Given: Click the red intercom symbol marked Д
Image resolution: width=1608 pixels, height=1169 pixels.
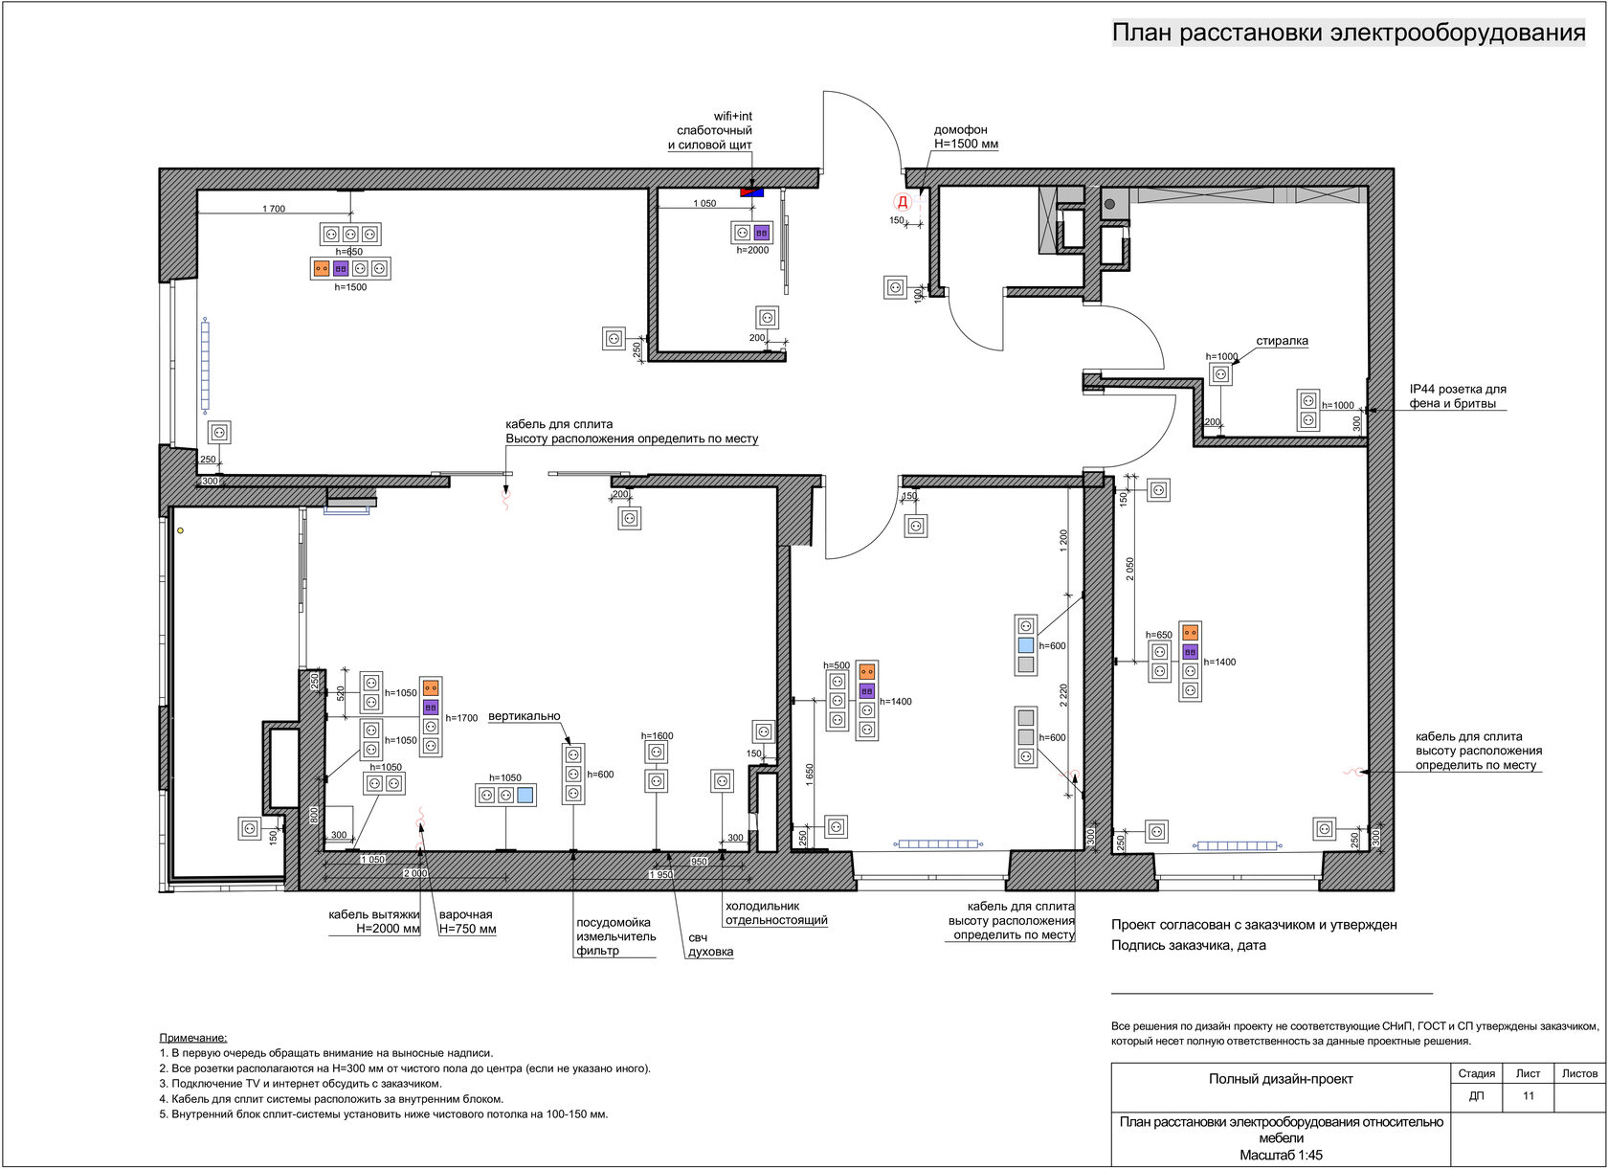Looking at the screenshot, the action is pos(903,203).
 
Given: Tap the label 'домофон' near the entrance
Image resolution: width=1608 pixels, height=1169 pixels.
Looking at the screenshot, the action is pos(961,130).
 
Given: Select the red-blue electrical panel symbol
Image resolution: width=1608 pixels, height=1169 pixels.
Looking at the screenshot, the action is pos(751,192).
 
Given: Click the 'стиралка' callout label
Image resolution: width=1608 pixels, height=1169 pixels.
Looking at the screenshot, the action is pos(1283,341).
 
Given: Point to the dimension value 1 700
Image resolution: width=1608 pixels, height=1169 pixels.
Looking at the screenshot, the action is pos(274,209).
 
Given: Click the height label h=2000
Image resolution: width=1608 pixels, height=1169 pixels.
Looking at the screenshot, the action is pos(752,250).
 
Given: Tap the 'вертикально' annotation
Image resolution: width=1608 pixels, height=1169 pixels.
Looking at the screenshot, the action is pos(525,716).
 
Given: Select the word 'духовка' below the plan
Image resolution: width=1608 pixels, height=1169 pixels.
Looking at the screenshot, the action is pos(710,952).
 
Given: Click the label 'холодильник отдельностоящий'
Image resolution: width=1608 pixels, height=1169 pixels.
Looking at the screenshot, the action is pos(776,913).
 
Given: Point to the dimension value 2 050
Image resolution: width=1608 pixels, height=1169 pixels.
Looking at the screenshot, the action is pos(1129,570).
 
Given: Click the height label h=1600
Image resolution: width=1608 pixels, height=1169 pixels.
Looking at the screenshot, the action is pos(657,736).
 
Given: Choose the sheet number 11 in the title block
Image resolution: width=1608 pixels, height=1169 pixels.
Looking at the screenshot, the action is pos(1529,1095).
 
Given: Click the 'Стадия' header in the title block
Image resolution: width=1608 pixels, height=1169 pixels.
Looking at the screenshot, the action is pos(1477,1073).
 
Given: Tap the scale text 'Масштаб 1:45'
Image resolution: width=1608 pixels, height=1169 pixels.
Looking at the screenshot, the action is pos(1281,1156).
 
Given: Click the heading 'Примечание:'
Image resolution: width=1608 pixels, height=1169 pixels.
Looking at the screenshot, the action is pos(193,1038).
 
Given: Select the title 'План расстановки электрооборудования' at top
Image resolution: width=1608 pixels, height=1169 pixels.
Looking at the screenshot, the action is pos(1349,33).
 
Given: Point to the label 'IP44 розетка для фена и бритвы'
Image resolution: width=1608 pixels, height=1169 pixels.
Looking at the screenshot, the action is pos(1457,396).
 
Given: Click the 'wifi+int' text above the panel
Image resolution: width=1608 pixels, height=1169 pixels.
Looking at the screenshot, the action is pos(733,117).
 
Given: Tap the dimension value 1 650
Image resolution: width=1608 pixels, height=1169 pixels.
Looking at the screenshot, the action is pos(810,776).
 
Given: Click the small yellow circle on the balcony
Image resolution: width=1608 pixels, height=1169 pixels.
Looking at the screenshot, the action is pos(180,530).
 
